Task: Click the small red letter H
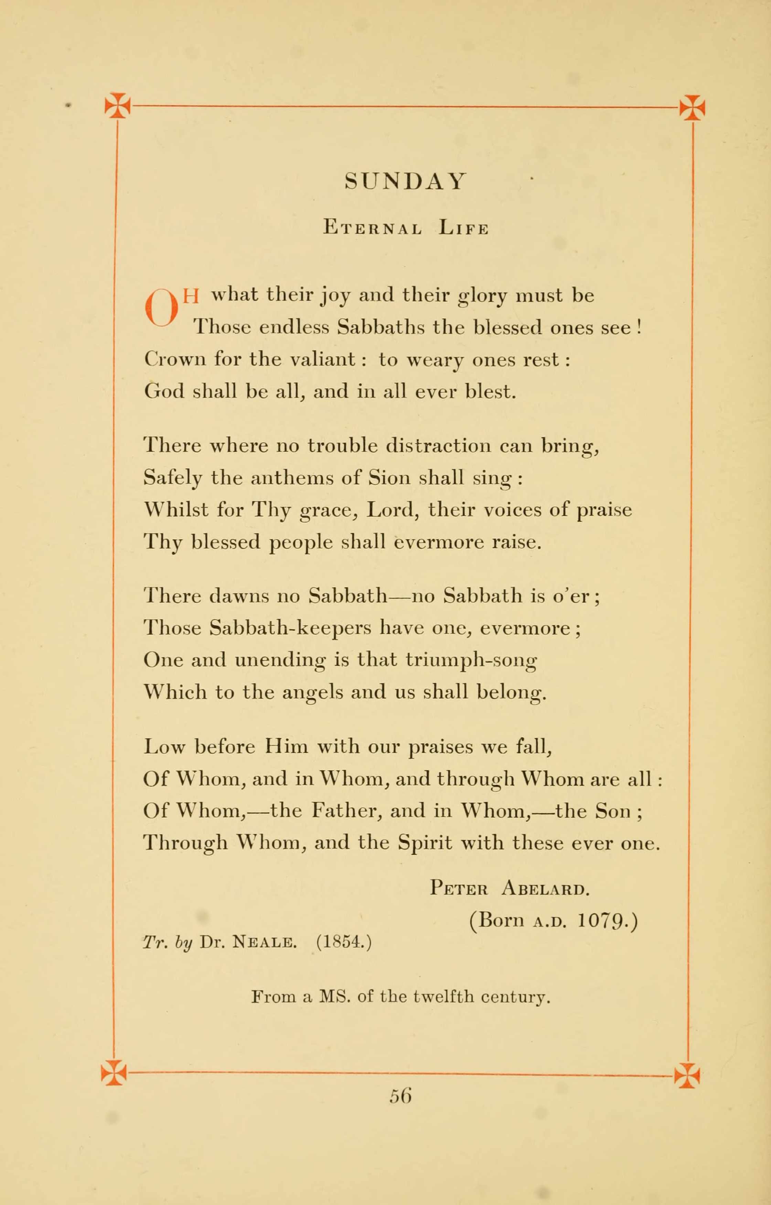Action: click(191, 296)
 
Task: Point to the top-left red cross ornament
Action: click(117, 106)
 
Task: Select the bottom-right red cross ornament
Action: click(687, 1075)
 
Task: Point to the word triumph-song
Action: click(471, 660)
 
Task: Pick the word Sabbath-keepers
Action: click(290, 628)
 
